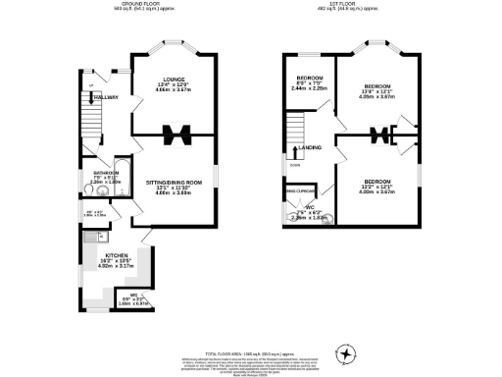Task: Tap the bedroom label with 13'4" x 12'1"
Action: (x=376, y=85)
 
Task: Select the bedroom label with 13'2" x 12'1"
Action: (x=376, y=182)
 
